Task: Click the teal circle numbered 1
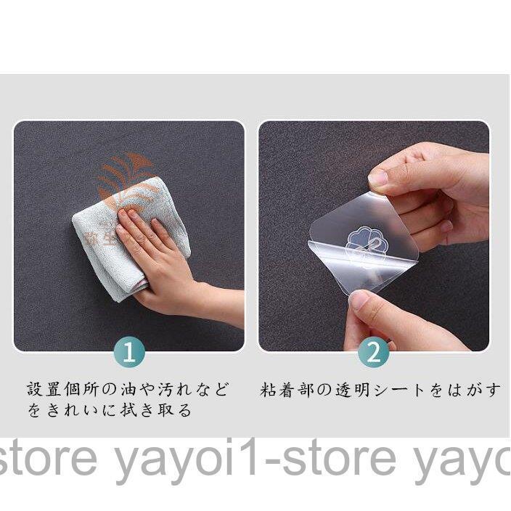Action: (x=129, y=353)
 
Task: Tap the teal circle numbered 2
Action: (x=374, y=353)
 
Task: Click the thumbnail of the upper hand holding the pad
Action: (x=378, y=177)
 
